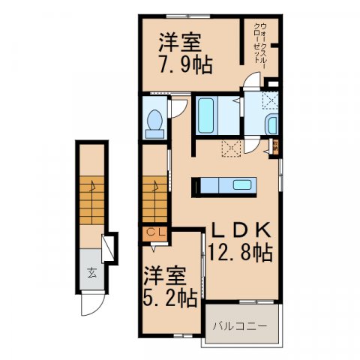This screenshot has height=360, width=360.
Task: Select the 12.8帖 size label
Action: [x=241, y=253]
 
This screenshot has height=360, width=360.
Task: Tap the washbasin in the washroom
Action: [x=271, y=124]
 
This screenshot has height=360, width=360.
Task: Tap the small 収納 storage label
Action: [x=276, y=147]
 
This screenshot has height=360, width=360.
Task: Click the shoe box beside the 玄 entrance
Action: [x=108, y=247]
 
